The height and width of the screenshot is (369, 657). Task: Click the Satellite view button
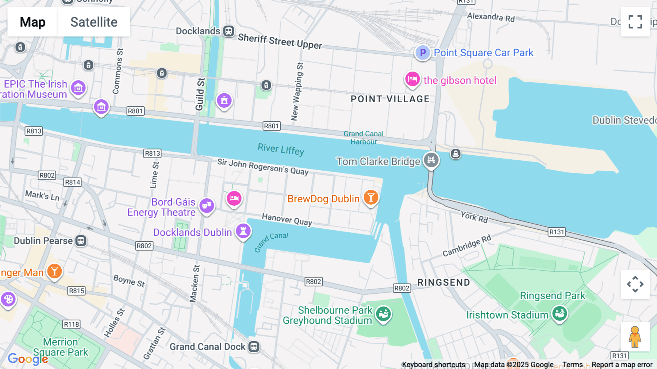[94, 22]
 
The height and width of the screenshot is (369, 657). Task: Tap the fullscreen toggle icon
[635, 22]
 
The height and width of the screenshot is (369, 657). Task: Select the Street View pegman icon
[635, 337]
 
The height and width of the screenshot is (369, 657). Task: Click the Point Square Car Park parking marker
[423, 53]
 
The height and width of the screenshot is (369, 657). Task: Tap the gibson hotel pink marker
[412, 79]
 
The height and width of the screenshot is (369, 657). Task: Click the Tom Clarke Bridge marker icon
[431, 160]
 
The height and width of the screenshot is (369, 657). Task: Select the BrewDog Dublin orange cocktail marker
[371, 198]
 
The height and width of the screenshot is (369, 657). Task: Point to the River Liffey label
[281, 149]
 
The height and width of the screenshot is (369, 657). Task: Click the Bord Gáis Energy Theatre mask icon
[207, 206]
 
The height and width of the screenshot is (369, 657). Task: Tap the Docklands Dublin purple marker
[243, 231]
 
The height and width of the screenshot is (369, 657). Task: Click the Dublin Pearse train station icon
[81, 241]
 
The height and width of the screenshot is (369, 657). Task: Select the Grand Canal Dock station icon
[254, 346]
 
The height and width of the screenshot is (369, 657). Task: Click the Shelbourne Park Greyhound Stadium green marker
[383, 313]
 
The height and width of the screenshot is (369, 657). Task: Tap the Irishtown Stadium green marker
[560, 313]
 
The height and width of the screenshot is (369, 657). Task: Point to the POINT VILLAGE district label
[390, 99]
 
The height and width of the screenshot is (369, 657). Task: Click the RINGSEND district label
[443, 282]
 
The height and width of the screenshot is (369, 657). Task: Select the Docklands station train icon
[229, 31]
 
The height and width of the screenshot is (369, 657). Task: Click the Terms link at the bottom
[572, 365]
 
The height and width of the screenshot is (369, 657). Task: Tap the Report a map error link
[622, 365]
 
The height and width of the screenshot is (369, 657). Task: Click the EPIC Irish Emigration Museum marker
[78, 88]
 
